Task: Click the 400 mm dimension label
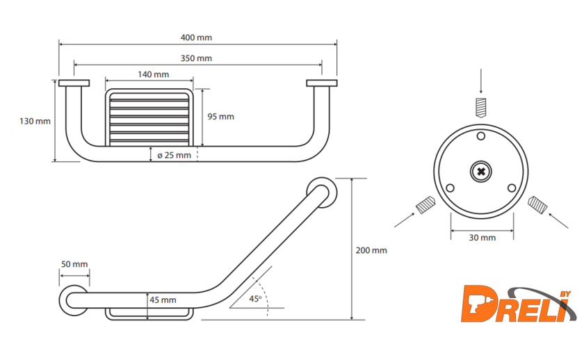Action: (x=196, y=38)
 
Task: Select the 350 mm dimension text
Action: (x=196, y=58)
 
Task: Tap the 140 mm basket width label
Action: (x=154, y=74)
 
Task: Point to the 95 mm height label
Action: (x=221, y=117)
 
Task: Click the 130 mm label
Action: (x=35, y=121)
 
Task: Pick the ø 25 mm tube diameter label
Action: (x=175, y=155)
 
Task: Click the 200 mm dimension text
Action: (x=371, y=251)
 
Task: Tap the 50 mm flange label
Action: (x=74, y=264)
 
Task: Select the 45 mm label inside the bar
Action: (x=163, y=300)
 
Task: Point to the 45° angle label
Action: (x=256, y=299)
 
